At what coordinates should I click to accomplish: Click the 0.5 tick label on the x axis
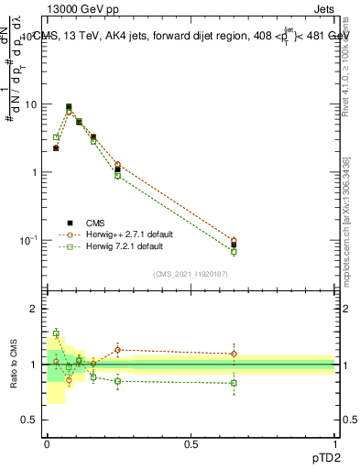coord(191,442)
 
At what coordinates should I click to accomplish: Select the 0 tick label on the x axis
coord(48,442)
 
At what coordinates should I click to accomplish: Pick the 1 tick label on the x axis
coord(334,442)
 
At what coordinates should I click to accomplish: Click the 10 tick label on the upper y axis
coord(30,104)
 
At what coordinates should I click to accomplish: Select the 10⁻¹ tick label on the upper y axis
coord(28,240)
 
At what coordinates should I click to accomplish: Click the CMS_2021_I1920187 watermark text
coord(191,273)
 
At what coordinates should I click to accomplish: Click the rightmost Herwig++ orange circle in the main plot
coord(234,241)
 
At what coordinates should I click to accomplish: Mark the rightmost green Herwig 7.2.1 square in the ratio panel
coord(234,383)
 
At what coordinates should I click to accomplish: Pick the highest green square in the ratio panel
coord(56,333)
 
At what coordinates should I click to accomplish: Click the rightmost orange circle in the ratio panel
coord(234,354)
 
